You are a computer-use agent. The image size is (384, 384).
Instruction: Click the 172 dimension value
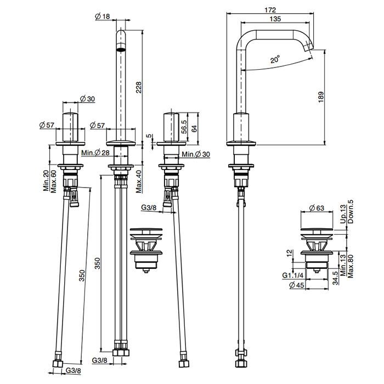270,10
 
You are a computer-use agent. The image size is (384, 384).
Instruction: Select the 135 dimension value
275,19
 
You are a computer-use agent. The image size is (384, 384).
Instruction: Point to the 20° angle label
275,59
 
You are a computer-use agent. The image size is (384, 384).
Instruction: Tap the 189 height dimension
321,97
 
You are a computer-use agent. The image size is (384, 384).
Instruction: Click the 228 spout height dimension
139,87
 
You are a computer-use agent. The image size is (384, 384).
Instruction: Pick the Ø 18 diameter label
102,16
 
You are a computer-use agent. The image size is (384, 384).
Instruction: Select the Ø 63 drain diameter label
317,208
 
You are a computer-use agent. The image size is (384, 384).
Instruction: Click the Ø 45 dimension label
297,285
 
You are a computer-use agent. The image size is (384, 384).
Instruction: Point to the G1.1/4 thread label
292,275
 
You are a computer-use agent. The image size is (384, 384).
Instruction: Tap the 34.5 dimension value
335,278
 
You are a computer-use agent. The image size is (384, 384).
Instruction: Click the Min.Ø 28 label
95,153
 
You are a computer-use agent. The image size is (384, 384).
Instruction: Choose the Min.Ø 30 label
196,154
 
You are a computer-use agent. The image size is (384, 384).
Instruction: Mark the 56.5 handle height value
184,127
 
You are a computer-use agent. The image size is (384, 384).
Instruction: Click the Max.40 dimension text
139,182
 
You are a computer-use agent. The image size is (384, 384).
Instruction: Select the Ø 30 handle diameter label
87,99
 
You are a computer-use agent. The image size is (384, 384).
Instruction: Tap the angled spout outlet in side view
308,46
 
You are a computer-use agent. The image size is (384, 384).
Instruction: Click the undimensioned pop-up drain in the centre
146,250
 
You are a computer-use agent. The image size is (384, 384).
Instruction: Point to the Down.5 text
350,212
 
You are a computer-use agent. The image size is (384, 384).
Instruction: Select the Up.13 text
343,214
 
